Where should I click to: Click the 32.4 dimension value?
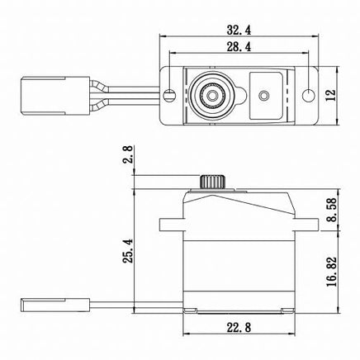coord(239,30)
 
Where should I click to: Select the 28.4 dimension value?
coord(239,47)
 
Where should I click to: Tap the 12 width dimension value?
coord(330,95)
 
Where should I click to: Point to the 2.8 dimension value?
coord(129,154)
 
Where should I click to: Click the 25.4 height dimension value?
coord(129,251)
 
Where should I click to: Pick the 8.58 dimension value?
coord(332,210)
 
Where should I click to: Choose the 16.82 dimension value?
coord(332,272)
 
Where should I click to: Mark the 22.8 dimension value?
coord(239,328)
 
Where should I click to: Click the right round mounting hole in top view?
coord(308,95)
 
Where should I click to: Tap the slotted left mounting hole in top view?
coord(169,95)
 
